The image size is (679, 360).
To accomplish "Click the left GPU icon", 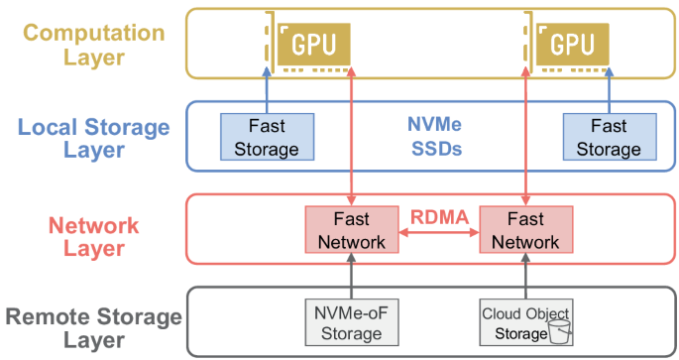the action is tap(307, 43).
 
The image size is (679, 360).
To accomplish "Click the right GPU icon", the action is tap(566, 43).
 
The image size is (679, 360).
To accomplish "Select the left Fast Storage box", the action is tap(268, 137).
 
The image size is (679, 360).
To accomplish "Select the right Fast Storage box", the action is tap(610, 137).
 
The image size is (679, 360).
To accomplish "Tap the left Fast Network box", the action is tap(352, 230).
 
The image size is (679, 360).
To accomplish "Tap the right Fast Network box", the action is tap(526, 230).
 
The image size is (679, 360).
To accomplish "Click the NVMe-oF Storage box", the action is tap(352, 322).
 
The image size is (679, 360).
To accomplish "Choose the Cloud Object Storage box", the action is tap(526, 322).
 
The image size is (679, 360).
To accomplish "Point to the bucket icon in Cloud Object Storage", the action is tap(559, 332).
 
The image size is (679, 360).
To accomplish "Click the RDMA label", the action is tap(439, 217).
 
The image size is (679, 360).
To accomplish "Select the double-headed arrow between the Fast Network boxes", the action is tap(439, 233).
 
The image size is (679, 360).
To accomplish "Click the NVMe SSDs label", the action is tap(435, 137).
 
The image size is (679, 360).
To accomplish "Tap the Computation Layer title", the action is tap(94, 45).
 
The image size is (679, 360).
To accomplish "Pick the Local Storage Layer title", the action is tap(93, 138).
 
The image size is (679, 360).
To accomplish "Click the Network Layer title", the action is tap(94, 237).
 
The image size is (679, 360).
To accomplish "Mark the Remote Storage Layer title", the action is tap(93, 328).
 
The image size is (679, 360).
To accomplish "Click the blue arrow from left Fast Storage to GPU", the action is tap(268, 90).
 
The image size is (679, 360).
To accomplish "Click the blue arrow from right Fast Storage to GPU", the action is tap(610, 90).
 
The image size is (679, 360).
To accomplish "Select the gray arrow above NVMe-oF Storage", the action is tap(352, 276).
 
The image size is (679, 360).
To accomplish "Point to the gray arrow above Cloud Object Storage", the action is tap(526, 276).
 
